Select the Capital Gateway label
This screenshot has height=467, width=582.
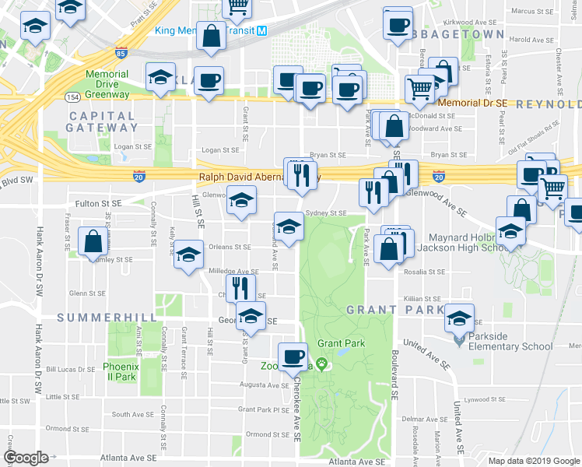[x=103, y=121]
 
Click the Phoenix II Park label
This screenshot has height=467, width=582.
[x=120, y=371]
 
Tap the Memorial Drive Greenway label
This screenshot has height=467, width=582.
[x=107, y=84]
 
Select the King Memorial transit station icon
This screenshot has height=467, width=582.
[x=262, y=31]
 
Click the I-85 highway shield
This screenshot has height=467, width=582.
[x=119, y=54]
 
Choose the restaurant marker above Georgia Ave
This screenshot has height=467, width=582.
[x=240, y=288]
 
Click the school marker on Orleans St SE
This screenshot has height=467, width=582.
[x=188, y=256]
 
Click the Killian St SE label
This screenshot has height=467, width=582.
[x=423, y=298]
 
